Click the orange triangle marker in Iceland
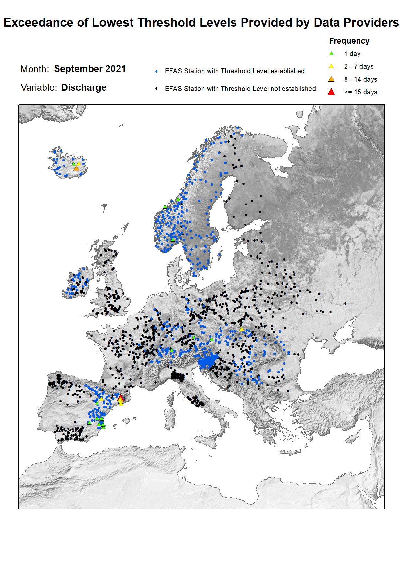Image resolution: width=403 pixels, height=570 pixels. pos(76,168)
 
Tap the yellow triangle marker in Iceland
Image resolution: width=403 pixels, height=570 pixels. pos(79,164)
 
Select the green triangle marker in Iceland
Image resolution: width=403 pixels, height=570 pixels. pos(74,164)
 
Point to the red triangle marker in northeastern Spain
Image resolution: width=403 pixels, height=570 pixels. pos(120,397)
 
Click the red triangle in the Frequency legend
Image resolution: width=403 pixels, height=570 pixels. pos(331,92)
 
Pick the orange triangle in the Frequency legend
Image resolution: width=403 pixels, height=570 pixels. pos(331,79)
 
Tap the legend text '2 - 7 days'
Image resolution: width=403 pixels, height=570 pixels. pos(359,66)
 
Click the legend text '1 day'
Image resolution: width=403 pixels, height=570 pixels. pos(352,54)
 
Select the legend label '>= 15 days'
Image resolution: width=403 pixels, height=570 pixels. pos(361,92)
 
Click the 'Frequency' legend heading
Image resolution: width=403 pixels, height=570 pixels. pos(349,41)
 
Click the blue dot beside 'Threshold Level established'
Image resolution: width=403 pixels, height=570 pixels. pos(157,71)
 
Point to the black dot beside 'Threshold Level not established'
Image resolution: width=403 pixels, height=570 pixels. pos(157,89)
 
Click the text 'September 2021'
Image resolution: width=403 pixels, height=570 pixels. pos(90,69)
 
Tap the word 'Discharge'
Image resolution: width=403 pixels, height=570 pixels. pos(84,87)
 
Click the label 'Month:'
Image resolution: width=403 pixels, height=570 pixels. pos(35,69)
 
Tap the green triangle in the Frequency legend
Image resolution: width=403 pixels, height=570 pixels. pos(331,54)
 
